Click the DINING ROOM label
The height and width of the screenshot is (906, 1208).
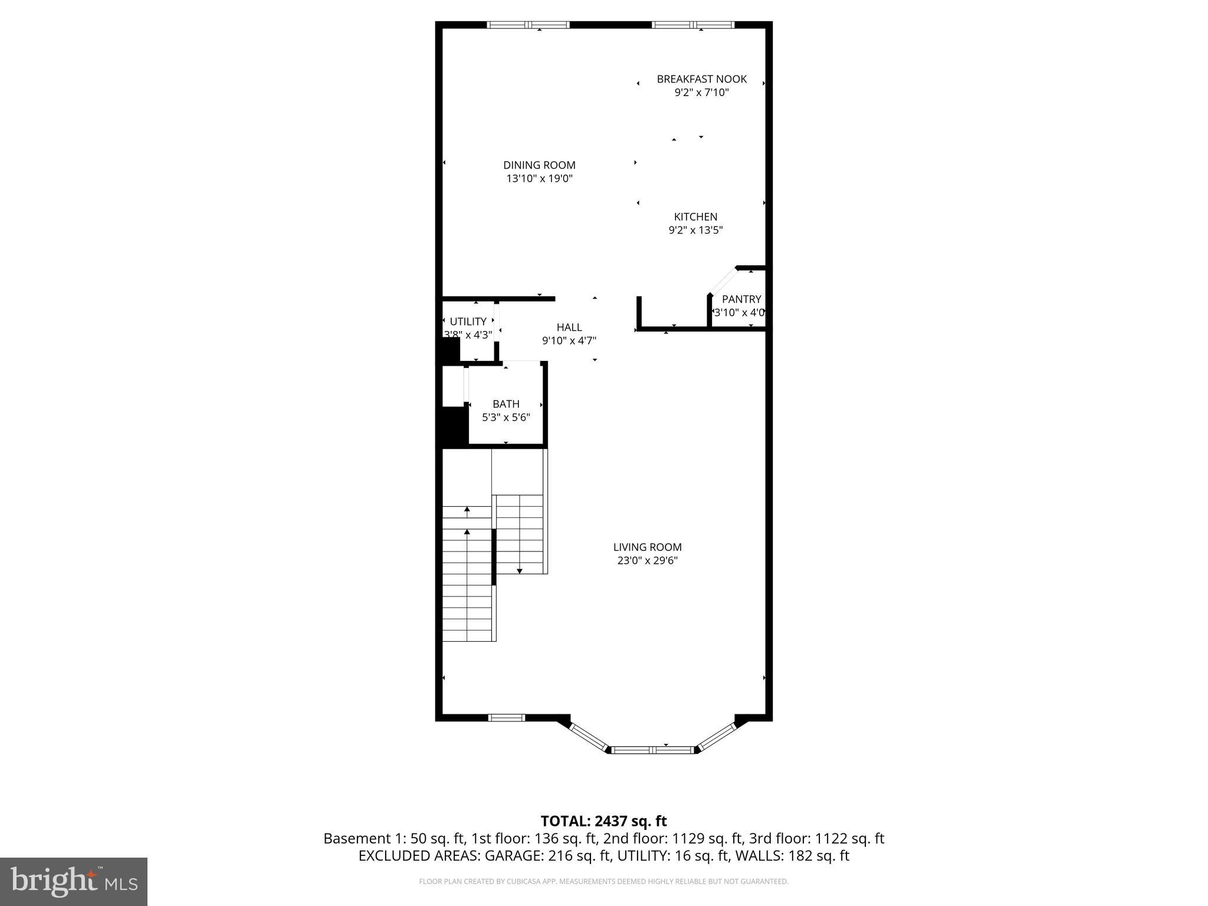(539, 165)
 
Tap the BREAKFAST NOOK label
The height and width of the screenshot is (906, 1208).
(701, 79)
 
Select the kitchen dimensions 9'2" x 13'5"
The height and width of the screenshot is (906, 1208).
(695, 231)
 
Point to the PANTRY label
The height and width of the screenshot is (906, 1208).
(741, 299)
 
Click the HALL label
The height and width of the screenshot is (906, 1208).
(569, 327)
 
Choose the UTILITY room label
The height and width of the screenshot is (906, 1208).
(468, 321)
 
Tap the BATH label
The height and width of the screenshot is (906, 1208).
(505, 404)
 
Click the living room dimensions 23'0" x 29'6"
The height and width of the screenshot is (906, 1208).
(647, 561)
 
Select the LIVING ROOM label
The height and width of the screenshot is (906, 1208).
(647, 547)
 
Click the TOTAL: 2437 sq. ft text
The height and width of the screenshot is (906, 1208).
(603, 821)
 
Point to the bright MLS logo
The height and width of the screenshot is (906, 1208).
(73, 881)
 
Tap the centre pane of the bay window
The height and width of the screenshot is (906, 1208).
(652, 750)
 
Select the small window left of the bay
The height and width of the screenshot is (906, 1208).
(507, 717)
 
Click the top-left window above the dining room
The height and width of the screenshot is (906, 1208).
(528, 25)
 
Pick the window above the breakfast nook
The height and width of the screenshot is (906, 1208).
(693, 25)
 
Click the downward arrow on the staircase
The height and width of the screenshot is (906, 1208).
(520, 570)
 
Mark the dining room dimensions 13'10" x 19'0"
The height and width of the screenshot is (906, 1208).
(539, 179)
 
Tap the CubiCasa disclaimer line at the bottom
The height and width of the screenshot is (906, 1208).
(603, 882)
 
